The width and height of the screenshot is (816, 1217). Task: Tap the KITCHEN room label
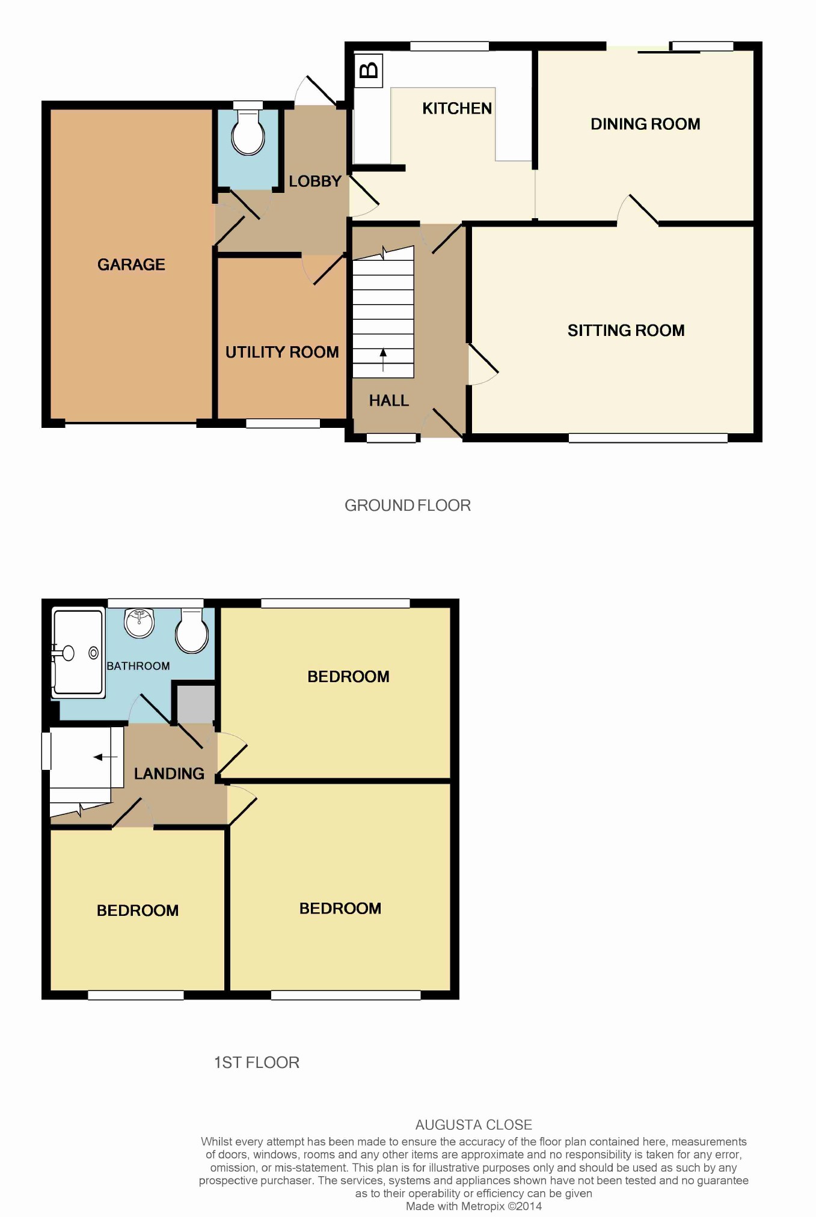[457, 109]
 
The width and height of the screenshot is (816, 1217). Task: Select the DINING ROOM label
[645, 124]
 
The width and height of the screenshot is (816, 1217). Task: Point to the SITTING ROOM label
[626, 331]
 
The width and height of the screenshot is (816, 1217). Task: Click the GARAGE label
[131, 264]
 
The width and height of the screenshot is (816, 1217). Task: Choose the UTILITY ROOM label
[282, 352]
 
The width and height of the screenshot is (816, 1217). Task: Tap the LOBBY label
[315, 181]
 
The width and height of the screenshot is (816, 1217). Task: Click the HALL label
[388, 401]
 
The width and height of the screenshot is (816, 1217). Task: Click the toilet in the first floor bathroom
[192, 631]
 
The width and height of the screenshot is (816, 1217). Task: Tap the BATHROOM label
[138, 666]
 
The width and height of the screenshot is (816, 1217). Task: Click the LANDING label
[169, 774]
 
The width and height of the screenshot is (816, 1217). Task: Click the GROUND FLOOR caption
[408, 505]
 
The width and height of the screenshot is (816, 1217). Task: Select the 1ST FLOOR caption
[257, 1063]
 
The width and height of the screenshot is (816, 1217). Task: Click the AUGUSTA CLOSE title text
[474, 1124]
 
